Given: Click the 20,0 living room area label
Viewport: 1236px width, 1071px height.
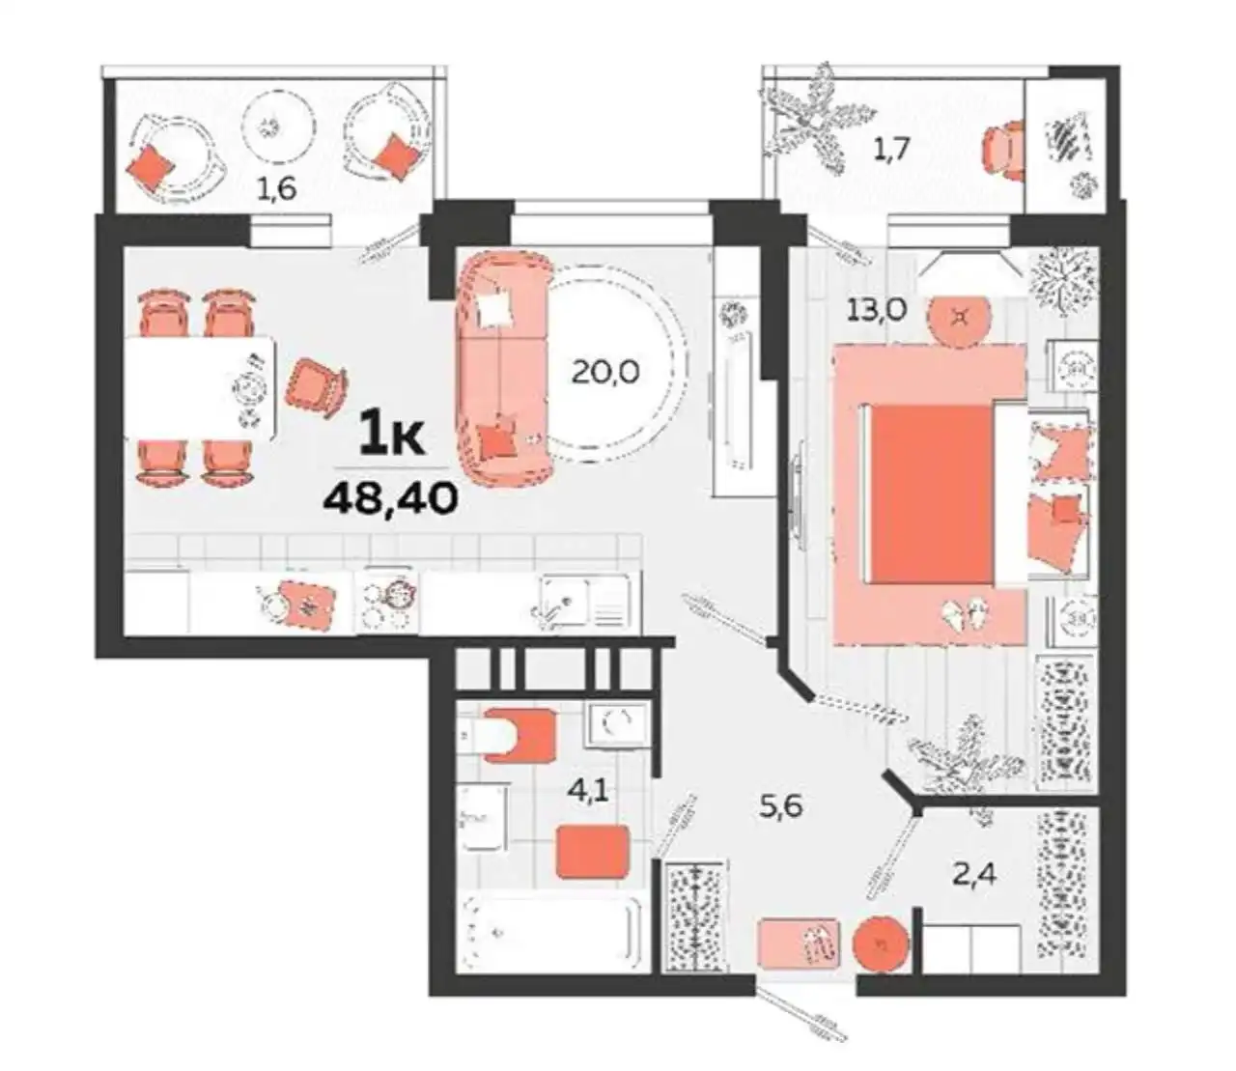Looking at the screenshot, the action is pyautogui.click(x=605, y=373).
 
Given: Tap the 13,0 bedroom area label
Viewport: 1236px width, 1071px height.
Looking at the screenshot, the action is pyautogui.click(x=877, y=310).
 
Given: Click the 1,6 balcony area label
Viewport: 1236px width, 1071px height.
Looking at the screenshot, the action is pyautogui.click(x=277, y=189).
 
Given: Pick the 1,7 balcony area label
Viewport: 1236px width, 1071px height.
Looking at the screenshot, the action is pyautogui.click(x=891, y=150).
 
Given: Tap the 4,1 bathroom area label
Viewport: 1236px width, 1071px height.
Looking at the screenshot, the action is pyautogui.click(x=589, y=793).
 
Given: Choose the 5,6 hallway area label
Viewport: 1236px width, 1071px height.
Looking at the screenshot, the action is pyautogui.click(x=781, y=806).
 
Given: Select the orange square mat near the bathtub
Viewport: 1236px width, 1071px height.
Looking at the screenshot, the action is pyautogui.click(x=593, y=852).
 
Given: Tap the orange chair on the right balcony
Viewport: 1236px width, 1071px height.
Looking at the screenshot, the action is pyautogui.click(x=1002, y=150).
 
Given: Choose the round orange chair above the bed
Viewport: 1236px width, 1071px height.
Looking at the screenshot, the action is pyautogui.click(x=960, y=323).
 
